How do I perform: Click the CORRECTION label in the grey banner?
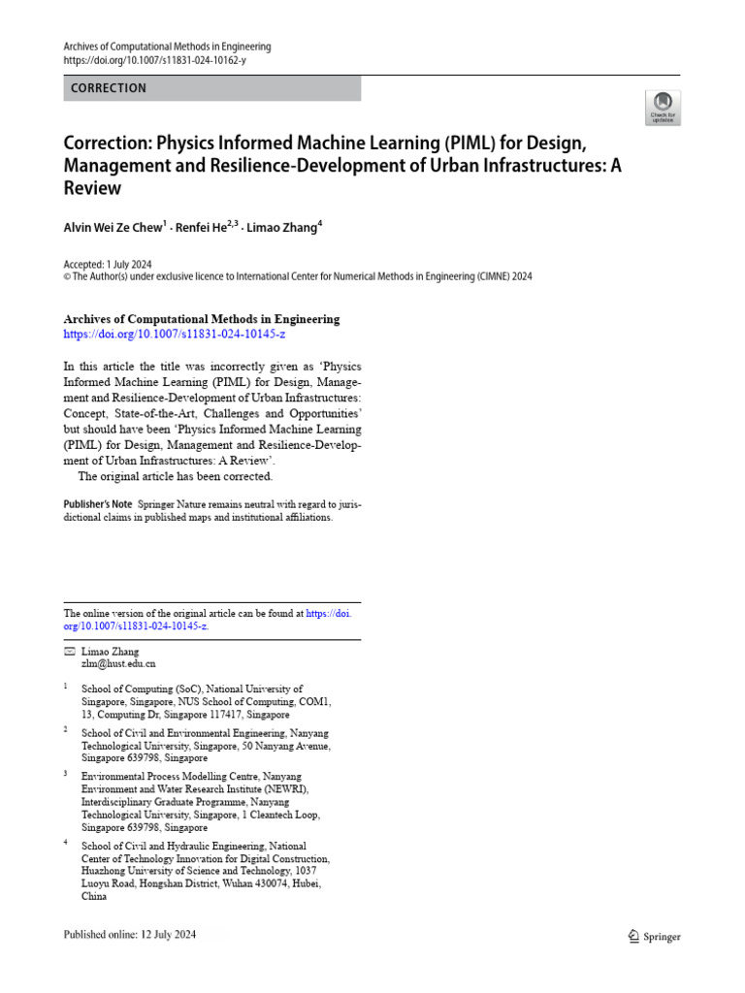(x=109, y=88)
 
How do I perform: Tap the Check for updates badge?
(x=664, y=107)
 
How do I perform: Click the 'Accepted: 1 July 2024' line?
(x=107, y=265)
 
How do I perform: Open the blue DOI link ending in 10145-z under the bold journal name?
(x=175, y=334)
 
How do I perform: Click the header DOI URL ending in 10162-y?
(x=153, y=60)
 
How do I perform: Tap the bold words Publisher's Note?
(x=98, y=504)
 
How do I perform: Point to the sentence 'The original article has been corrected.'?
(x=176, y=476)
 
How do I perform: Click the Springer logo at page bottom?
(x=654, y=937)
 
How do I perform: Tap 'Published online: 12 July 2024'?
(x=143, y=936)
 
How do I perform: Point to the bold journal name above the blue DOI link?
(x=202, y=319)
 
